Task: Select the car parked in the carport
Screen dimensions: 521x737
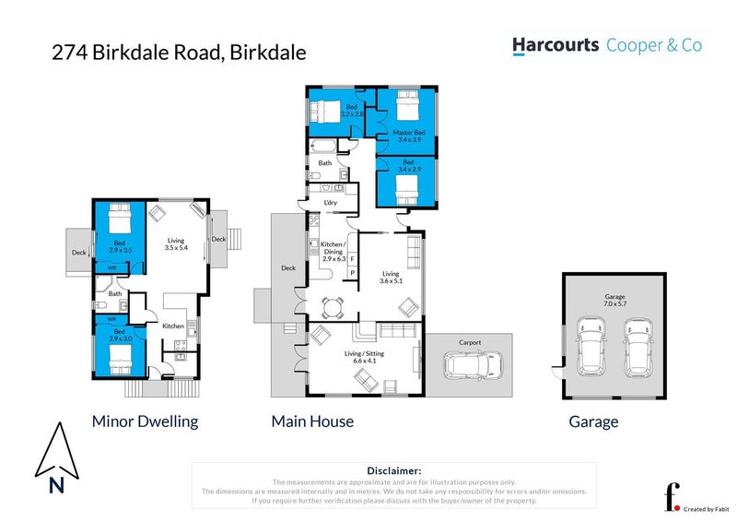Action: pos(471,366)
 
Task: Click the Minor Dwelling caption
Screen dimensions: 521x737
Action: pos(145,421)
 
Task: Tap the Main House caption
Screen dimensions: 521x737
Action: pos(312,421)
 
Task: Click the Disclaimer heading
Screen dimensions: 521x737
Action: pos(393,470)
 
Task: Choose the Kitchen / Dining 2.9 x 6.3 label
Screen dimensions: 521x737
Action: pos(332,255)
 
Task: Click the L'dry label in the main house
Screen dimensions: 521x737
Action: pos(329,203)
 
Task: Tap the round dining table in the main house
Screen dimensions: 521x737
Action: pos(329,304)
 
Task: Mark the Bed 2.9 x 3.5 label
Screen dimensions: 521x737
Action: pos(121,246)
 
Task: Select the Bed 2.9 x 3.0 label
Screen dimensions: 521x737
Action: pos(119,335)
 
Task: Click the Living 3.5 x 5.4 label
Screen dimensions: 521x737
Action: pos(175,243)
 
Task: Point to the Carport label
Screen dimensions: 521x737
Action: pos(470,342)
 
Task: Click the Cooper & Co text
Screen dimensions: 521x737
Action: pos(654,45)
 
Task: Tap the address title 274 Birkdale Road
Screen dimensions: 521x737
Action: pos(178,53)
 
